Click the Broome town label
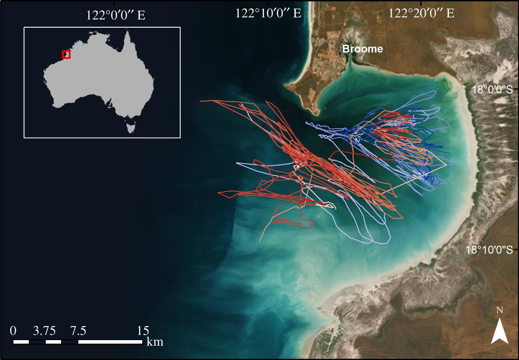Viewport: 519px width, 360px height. [x=362, y=49]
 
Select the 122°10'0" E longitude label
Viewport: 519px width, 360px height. [x=268, y=13]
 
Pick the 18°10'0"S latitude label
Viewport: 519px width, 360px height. [x=490, y=250]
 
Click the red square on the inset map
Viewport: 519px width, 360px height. [x=66, y=55]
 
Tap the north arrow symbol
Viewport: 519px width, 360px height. [x=500, y=331]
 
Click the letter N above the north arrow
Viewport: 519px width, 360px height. [x=500, y=310]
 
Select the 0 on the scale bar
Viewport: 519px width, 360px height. [x=13, y=331]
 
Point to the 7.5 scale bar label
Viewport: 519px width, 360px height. [x=78, y=331]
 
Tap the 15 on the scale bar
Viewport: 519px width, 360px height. [x=143, y=331]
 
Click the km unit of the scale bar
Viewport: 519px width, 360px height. [x=155, y=342]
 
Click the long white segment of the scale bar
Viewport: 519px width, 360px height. [x=110, y=342]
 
